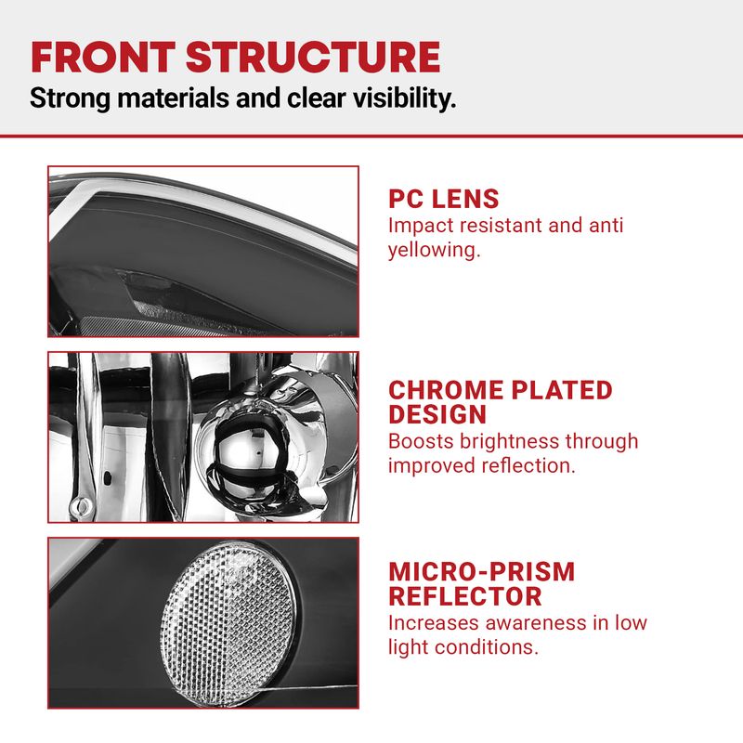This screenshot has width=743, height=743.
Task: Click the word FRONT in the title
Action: pyautogui.click(x=103, y=58)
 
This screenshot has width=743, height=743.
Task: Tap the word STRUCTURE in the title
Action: pyautogui.click(x=313, y=58)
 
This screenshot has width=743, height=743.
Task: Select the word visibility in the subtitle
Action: pyautogui.click(x=405, y=98)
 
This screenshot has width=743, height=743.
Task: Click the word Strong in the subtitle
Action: pyautogui.click(x=71, y=98)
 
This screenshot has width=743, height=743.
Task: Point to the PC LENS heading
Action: pyautogui.click(x=444, y=199)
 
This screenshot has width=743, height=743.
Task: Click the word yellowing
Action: pyautogui.click(x=435, y=251)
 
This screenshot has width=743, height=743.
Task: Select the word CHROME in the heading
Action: pyautogui.click(x=446, y=390)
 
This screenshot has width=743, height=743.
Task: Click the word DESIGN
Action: pyautogui.click(x=437, y=414)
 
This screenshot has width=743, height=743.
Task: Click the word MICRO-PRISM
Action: pyautogui.click(x=482, y=572)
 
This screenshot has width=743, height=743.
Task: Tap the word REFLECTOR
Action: pyautogui.click(x=465, y=596)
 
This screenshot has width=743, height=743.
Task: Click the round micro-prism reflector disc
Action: pyautogui.click(x=228, y=623)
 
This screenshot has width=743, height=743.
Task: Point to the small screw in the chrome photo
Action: pyautogui.click(x=81, y=506)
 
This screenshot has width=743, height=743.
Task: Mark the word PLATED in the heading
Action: pyautogui.click(x=562, y=390)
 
